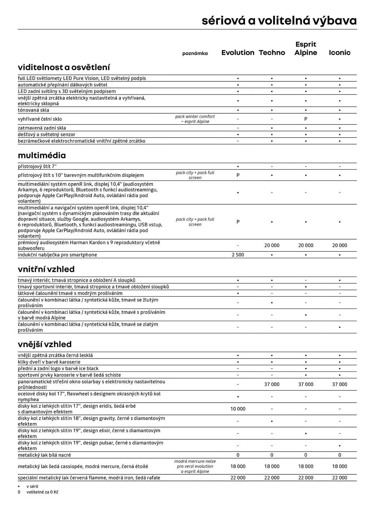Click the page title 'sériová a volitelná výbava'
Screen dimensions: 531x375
click(279, 21)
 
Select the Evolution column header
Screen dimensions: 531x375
click(238, 53)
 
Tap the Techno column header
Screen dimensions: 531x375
click(272, 53)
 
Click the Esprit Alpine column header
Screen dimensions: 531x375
click(306, 48)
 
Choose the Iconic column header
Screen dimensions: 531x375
click(339, 53)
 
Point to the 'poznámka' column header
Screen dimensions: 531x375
click(195, 53)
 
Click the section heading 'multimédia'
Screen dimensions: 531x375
click(42, 155)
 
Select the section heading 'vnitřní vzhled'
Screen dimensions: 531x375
click(46, 269)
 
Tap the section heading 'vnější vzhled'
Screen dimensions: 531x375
click(45, 344)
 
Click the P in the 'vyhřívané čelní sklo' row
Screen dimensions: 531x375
click(306, 119)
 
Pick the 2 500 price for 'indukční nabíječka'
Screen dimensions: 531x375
click(238, 255)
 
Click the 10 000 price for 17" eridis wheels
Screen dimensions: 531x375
click(238, 409)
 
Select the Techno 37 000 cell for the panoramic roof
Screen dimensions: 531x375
click(272, 384)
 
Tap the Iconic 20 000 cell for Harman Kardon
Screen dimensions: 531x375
click(339, 246)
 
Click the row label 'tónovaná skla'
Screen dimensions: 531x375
click(33, 110)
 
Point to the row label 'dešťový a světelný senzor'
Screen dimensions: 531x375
click(46, 135)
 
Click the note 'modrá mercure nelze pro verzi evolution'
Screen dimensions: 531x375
click(195, 466)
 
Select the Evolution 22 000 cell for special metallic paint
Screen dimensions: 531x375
click(238, 478)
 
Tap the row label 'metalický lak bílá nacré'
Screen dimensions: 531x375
click(44, 455)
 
